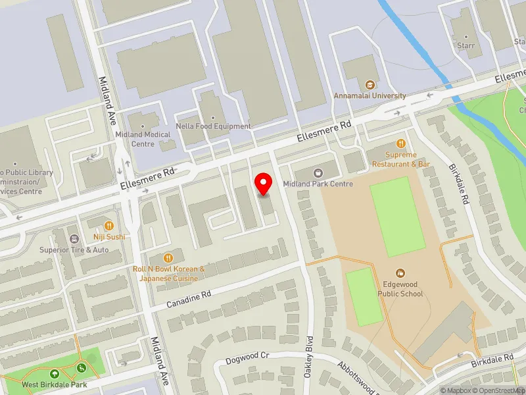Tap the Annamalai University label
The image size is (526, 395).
click(369, 95)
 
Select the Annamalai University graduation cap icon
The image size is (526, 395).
click(370, 84)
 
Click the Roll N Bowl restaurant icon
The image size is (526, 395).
click(169, 257)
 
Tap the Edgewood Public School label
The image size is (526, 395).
click(400, 289)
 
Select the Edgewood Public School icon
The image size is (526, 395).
click(400, 273)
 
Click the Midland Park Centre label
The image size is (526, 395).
click(318, 184)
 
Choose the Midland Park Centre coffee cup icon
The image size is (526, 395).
click(318, 173)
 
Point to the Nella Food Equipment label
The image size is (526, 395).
click(214, 126)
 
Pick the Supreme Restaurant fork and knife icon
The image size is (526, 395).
click(400, 144)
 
